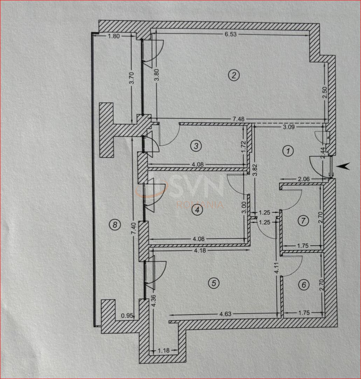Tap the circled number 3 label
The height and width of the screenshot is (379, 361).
196,145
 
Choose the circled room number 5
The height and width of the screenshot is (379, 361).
213,282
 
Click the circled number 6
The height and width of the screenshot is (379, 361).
304,285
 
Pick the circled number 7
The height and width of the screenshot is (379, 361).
303,221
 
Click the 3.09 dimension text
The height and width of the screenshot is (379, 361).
288,127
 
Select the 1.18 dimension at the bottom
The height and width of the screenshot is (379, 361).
164,350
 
